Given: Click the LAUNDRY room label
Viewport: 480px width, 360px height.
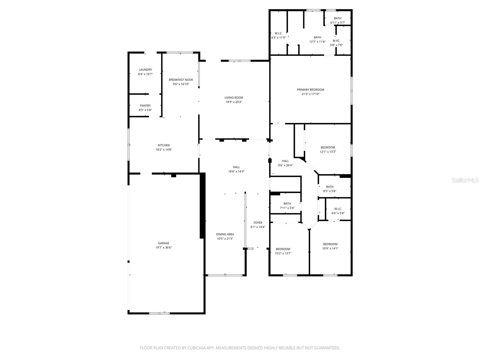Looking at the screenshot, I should (x=145, y=70).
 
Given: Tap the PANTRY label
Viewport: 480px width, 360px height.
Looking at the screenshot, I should (x=145, y=106).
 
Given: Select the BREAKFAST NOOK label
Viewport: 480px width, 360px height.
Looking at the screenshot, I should (x=181, y=80).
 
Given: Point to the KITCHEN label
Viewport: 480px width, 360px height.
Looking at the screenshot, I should (x=164, y=145).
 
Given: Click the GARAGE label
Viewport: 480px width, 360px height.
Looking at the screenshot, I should (x=164, y=243).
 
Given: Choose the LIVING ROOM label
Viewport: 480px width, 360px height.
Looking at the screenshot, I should (x=234, y=97).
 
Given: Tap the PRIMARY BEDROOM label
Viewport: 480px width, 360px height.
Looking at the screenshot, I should (x=310, y=90).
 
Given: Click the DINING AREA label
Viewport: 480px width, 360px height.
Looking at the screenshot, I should (x=225, y=234).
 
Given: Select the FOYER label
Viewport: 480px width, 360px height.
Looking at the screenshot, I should (x=258, y=223).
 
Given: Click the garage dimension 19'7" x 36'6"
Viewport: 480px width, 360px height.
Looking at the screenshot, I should (x=164, y=247).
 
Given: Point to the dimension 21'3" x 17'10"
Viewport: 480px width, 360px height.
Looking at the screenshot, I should (x=310, y=94).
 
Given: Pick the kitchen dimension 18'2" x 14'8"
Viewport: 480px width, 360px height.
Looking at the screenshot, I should (x=164, y=149).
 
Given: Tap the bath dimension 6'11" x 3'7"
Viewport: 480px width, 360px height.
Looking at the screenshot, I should (x=337, y=22).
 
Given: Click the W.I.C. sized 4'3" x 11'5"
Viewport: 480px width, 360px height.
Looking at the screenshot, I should (x=278, y=33).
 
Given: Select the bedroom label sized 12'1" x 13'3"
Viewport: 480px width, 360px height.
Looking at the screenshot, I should (x=328, y=147).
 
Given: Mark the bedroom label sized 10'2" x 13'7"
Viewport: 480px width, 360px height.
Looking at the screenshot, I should (x=283, y=249).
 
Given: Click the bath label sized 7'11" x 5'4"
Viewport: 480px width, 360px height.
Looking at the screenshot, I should (x=287, y=204).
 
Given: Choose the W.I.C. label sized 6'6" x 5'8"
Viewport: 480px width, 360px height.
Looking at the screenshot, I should (x=338, y=209).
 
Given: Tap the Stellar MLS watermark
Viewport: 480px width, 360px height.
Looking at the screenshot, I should (x=465, y=180).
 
